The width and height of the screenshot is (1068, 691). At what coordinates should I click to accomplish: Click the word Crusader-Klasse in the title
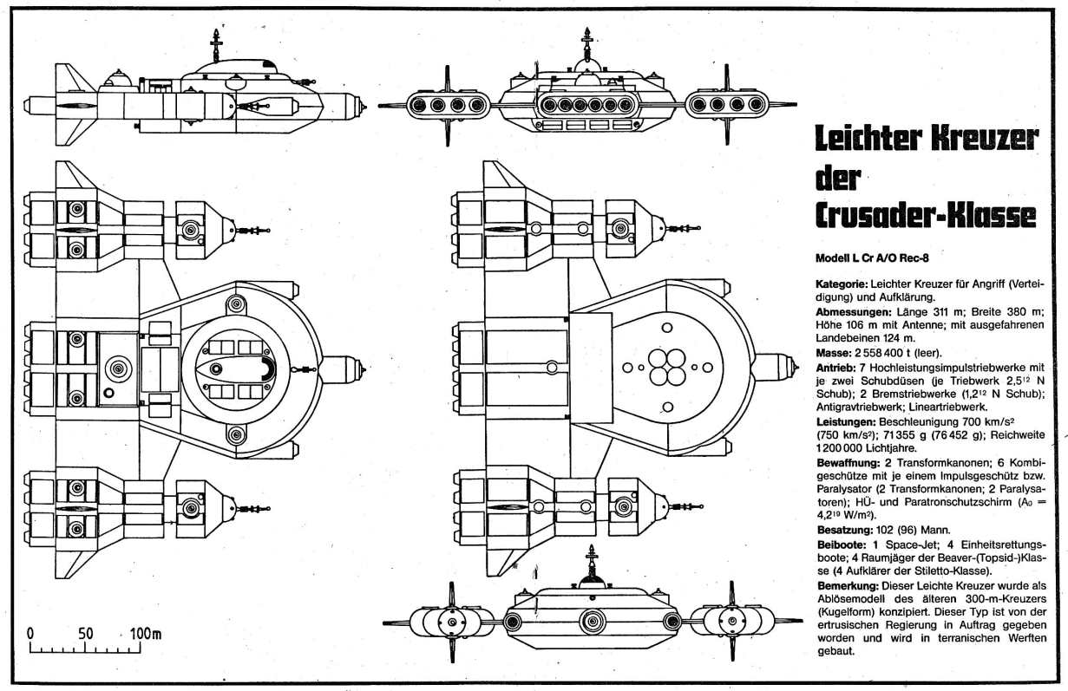[x=925, y=214]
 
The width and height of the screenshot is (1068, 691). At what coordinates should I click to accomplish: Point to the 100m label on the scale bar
[x=147, y=632]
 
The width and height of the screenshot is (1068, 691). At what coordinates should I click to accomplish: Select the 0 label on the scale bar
[x=31, y=632]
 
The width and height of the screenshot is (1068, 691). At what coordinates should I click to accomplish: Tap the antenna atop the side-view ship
[x=215, y=39]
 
